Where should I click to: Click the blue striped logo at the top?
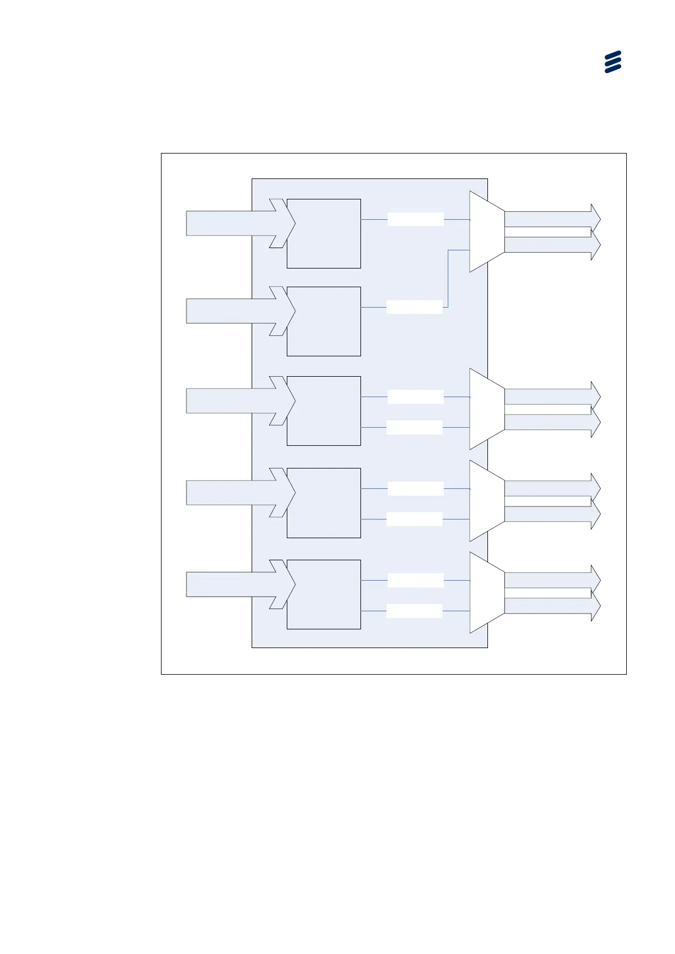tap(613, 62)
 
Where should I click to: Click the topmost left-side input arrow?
tap(232, 223)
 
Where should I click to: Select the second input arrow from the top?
tap(232, 311)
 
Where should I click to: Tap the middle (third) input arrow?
tap(232, 401)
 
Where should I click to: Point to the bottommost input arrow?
tap(232, 584)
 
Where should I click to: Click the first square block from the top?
tap(324, 233)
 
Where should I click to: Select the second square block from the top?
tap(324, 321)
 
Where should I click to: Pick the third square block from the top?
tap(324, 411)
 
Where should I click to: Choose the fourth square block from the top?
tap(324, 502)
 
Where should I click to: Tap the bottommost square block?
tap(324, 594)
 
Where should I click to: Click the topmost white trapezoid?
tap(486, 231)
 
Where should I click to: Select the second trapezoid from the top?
tap(486, 409)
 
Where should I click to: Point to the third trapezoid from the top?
tap(486, 501)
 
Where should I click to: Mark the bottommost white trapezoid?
tap(486, 593)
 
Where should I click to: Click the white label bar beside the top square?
tap(415, 219)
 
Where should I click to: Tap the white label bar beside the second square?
tap(414, 307)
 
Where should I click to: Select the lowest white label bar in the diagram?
tap(414, 611)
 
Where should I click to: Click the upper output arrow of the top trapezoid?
tap(550, 219)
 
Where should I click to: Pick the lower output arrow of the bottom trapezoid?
tap(550, 606)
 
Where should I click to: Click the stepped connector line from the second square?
tap(448, 278)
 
